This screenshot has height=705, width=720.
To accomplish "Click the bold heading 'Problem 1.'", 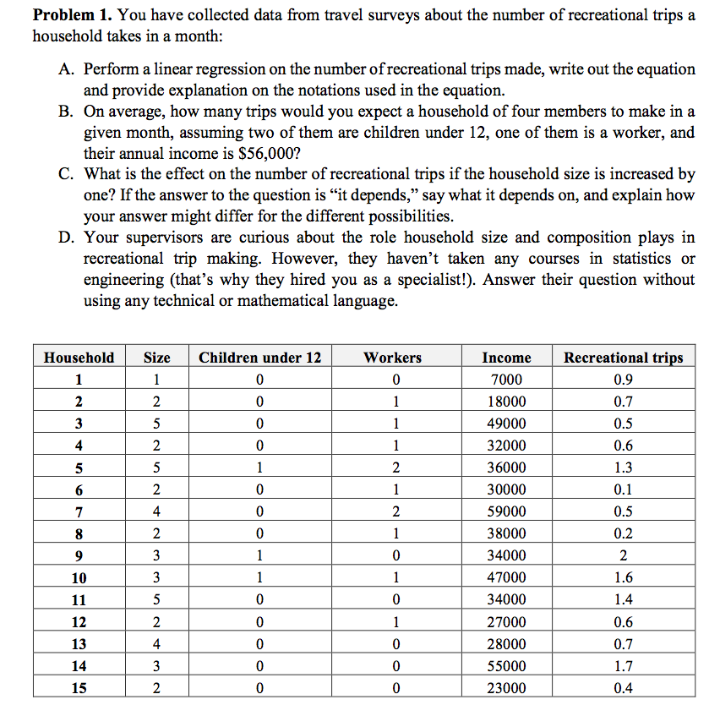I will click(70, 16).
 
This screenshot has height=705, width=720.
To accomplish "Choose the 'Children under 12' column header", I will click(259, 358).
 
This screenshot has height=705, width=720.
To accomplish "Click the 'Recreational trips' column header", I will click(623, 358).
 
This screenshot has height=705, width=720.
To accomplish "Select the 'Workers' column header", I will click(392, 358).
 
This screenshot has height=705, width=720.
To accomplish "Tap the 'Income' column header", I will click(506, 358).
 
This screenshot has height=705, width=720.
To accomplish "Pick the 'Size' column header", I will click(156, 358).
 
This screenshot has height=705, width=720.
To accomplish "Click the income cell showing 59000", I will click(506, 511).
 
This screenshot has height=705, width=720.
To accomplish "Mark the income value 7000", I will click(506, 380).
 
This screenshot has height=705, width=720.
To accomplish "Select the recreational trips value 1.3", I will click(623, 467).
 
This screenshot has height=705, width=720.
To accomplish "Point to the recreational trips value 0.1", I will click(623, 489).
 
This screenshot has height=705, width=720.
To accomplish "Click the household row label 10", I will click(79, 578).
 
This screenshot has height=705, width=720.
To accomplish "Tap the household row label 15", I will click(79, 688).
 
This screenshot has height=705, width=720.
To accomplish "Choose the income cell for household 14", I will click(506, 666).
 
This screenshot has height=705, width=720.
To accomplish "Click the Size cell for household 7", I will click(156, 511).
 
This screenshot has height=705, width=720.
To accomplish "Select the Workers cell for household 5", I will click(392, 467).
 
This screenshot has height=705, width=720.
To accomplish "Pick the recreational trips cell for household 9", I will click(623, 555).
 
